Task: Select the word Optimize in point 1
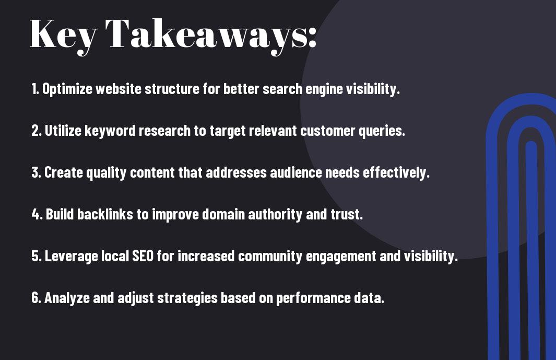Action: click(x=67, y=89)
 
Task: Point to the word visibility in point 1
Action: click(x=373, y=89)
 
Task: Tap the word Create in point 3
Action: click(x=63, y=172)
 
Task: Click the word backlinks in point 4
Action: click(x=105, y=214)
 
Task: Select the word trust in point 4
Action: click(x=347, y=214)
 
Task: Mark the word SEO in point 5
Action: click(x=143, y=256)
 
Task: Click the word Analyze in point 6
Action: click(x=67, y=298)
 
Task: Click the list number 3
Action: click(x=36, y=172)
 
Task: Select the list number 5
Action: click(x=37, y=256)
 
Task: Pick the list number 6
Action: click(x=37, y=298)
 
